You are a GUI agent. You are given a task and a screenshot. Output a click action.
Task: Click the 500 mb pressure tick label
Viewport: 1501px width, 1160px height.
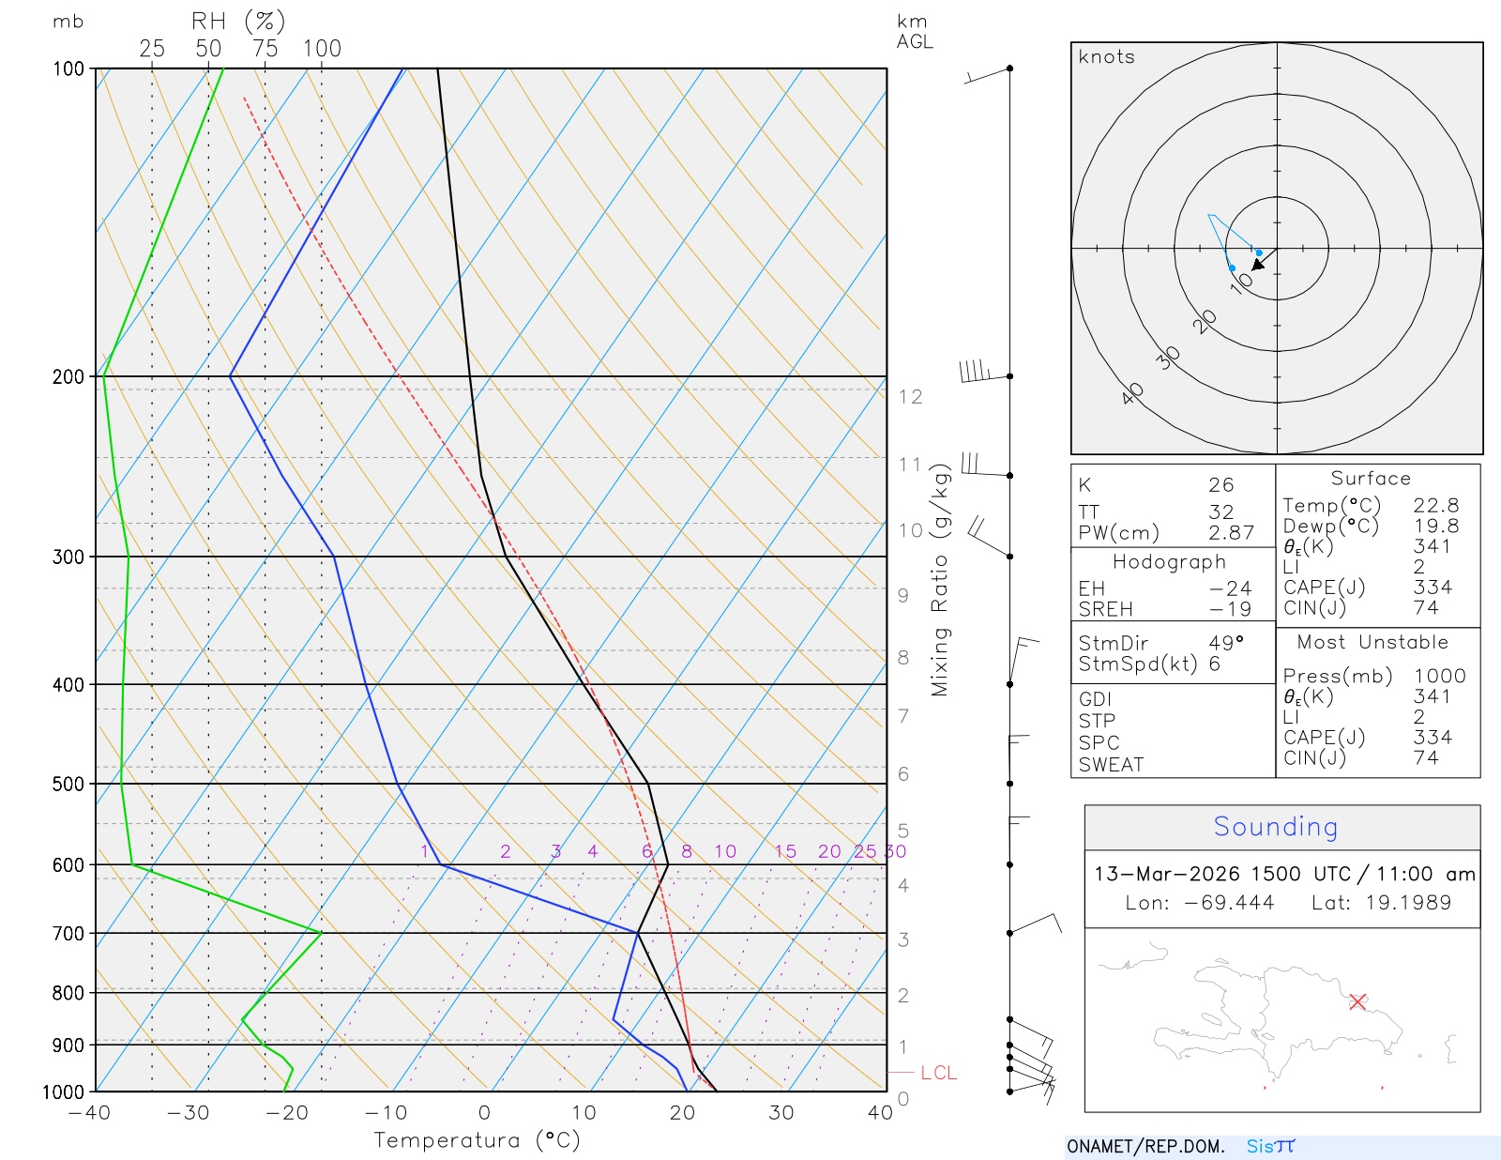(68, 784)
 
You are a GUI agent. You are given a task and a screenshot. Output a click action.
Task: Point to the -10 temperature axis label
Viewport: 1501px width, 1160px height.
(386, 1113)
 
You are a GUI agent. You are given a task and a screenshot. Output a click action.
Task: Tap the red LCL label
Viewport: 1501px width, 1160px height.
(938, 1073)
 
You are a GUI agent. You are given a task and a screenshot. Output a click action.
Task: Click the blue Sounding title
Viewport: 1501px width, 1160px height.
(1275, 826)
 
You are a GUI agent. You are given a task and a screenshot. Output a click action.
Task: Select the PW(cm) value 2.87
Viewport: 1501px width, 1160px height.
(1231, 533)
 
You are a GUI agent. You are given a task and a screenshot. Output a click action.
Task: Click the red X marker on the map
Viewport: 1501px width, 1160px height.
(1357, 1001)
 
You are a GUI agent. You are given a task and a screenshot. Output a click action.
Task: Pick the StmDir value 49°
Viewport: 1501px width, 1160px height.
(1226, 643)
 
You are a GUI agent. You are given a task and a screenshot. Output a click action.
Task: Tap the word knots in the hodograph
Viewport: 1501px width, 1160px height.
(1106, 57)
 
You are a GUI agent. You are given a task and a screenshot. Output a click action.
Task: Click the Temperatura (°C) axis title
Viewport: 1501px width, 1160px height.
(477, 1140)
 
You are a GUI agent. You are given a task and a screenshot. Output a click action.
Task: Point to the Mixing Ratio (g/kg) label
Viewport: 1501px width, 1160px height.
(940, 581)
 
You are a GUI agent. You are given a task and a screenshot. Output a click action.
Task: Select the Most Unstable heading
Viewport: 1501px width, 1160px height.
(1372, 643)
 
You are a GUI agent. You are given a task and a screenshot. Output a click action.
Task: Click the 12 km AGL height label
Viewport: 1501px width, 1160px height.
(910, 397)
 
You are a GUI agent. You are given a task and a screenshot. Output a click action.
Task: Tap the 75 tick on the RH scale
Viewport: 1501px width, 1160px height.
(265, 49)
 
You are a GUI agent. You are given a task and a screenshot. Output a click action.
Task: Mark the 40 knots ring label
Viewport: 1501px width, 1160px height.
(1132, 393)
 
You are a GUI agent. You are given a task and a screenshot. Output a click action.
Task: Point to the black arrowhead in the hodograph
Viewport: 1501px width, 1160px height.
(1258, 265)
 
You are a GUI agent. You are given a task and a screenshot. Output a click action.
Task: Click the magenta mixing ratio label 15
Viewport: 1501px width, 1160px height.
(785, 851)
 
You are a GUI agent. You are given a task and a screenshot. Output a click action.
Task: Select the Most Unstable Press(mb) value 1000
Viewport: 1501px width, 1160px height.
(1439, 676)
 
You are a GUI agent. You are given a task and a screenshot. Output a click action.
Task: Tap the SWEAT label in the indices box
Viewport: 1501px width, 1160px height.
(1111, 765)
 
